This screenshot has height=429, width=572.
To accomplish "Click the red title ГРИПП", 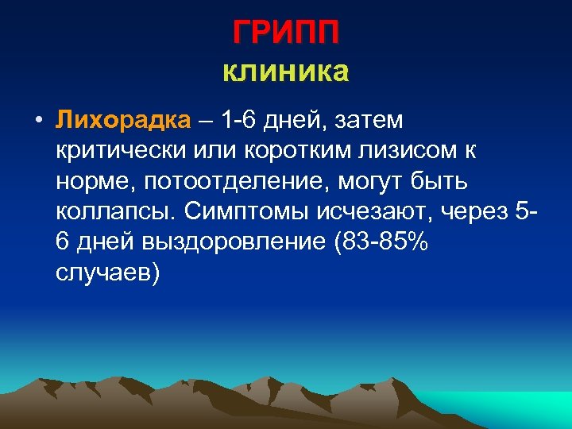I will (286, 33).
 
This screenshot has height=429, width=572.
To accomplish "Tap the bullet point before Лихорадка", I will (37, 122).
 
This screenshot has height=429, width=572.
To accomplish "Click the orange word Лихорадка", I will (124, 120).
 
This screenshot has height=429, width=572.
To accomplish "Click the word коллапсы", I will (116, 211).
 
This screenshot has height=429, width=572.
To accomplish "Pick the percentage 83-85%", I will (378, 242).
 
